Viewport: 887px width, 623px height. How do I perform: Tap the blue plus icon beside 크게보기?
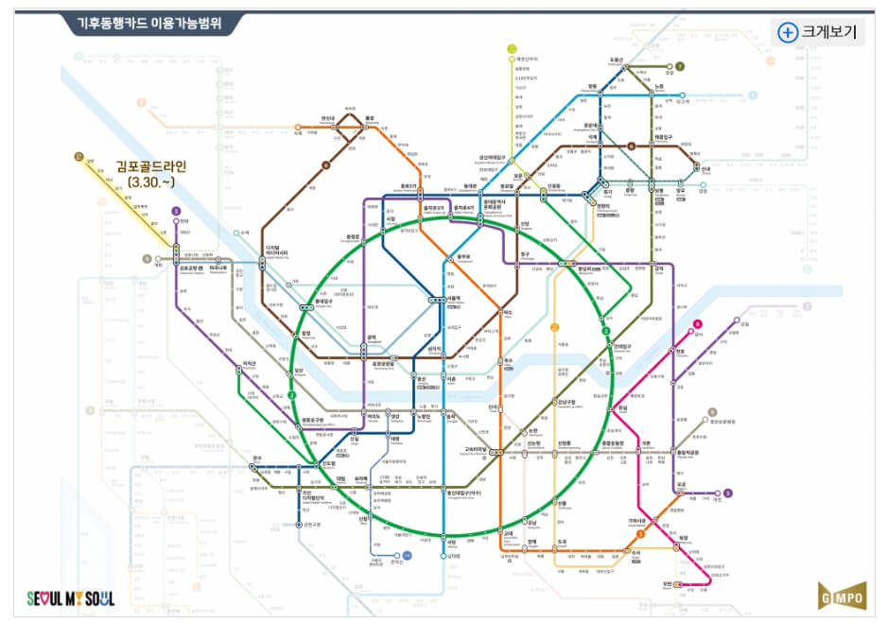787,32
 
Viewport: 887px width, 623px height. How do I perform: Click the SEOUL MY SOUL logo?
70,598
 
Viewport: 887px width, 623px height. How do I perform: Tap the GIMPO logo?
841,596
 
